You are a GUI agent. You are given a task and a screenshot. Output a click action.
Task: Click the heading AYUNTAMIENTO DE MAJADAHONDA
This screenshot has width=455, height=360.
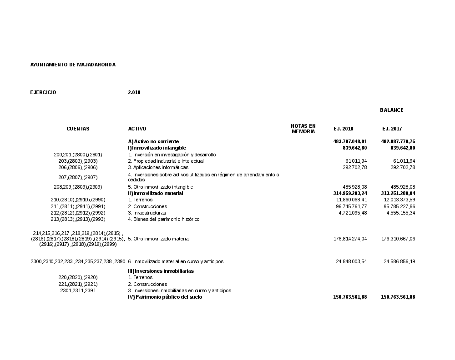pos(73,65)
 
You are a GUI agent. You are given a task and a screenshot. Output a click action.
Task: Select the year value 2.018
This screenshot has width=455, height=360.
pos(134,92)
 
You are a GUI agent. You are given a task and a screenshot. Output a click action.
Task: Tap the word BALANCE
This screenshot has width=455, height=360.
pos(391,110)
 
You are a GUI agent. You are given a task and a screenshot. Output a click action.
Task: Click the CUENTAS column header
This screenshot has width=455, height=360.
pos(78,129)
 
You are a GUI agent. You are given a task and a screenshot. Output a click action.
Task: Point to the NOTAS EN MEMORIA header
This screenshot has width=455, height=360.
pos(303,129)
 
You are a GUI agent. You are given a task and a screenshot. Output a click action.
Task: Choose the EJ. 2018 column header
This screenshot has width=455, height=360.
pos(343,129)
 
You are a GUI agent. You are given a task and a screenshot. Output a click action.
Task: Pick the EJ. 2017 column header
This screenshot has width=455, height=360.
pos(392,129)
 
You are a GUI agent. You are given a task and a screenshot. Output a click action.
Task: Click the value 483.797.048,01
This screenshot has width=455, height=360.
pos(350,141)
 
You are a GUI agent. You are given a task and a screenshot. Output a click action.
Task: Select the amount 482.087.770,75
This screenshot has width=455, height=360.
pos(398,141)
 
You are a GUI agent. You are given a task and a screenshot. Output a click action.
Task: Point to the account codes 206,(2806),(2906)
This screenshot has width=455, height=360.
pos(78,167)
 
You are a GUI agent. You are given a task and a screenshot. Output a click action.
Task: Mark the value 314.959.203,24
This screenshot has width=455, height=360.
pos(350,193)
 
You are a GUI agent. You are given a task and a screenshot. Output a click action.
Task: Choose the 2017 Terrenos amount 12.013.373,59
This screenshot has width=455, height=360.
pos(399,200)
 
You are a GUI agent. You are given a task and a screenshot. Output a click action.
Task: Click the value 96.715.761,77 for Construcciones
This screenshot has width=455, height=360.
pos(351,206)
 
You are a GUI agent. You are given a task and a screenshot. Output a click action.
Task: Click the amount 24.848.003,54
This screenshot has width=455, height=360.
pos(351,261)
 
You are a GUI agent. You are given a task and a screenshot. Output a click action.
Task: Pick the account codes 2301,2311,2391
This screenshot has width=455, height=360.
pos(78,290)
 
